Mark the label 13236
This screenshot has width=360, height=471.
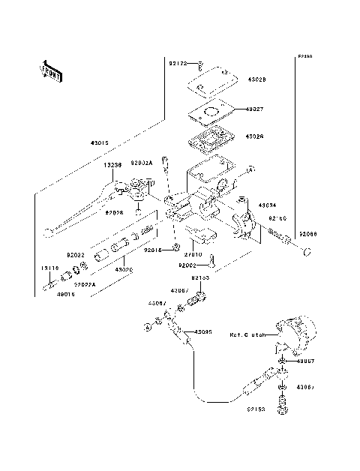pos(113,165)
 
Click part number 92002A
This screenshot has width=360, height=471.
pos(142,162)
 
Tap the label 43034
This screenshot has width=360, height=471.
pos(268,204)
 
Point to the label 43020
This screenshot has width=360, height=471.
pos(122,269)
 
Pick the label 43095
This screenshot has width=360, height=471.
pos(203,331)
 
